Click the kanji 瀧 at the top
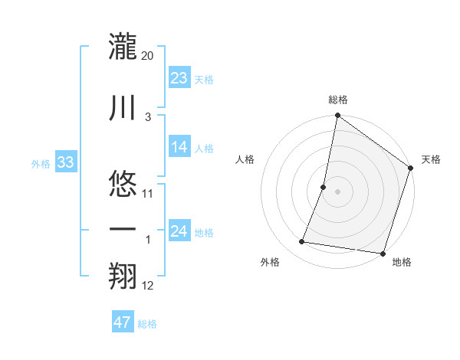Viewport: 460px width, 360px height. (123, 46)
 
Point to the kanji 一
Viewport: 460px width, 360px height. (123, 230)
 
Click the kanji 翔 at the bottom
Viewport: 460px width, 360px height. (123, 277)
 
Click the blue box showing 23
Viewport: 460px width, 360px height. (179, 77)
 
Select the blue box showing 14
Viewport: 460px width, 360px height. (179, 147)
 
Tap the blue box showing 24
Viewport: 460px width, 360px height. (179, 231)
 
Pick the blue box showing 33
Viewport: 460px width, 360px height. (64, 162)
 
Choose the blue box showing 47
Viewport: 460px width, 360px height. (123, 322)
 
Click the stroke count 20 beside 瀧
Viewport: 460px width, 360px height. (148, 56)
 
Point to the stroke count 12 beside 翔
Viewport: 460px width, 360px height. (148, 286)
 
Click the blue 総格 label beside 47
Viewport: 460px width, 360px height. (147, 324)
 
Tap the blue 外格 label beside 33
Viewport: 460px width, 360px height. (41, 164)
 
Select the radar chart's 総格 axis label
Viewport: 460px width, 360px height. (338, 100)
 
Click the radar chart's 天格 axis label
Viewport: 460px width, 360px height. (431, 159)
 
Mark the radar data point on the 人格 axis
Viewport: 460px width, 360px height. (324, 187)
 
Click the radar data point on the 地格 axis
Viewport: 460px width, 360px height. (383, 254)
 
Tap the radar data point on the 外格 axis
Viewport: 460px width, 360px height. (302, 242)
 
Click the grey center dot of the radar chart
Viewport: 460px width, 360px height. (337, 191)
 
